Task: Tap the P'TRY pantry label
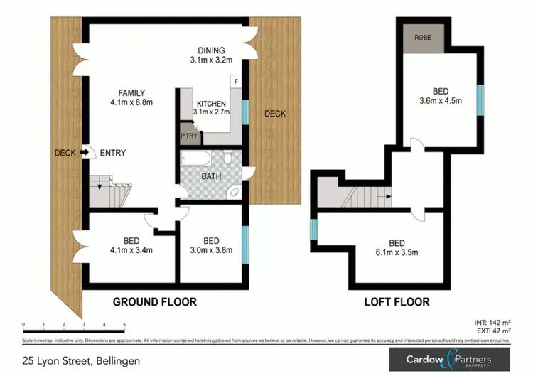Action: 188,135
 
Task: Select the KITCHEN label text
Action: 211,103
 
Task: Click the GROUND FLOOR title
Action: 154,302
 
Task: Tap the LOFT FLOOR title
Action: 397,302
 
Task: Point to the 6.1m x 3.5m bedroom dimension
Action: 396,252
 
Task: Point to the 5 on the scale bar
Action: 124,326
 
